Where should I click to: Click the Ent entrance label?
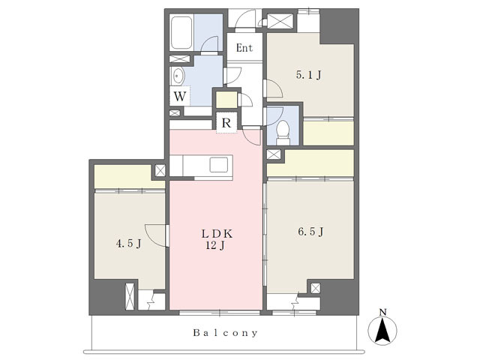(x=244, y=48)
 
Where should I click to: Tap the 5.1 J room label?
(x=308, y=75)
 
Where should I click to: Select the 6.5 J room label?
(x=310, y=232)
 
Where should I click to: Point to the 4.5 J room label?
(x=128, y=243)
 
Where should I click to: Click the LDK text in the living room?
(x=217, y=234)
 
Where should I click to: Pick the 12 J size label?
(x=215, y=245)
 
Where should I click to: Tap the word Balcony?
(x=226, y=333)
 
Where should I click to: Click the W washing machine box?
(x=180, y=96)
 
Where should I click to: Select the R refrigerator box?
(x=226, y=123)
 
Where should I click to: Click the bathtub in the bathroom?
(x=181, y=33)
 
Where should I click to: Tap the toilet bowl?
(x=283, y=132)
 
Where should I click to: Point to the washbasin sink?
(x=178, y=76)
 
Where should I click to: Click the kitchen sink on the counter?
(x=218, y=165)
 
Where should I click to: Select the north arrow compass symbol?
(x=382, y=330)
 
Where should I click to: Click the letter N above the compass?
(x=382, y=312)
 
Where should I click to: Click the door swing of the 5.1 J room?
(x=273, y=88)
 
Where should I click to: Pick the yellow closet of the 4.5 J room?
(x=129, y=177)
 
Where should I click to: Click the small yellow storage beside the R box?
(x=226, y=100)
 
